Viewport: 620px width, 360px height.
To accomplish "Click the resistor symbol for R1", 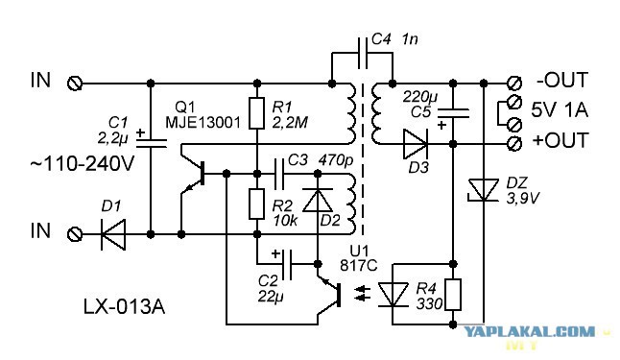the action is (256, 113).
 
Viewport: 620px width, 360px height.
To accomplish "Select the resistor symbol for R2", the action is (256, 204).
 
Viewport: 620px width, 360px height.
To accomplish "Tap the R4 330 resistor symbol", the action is (453, 295).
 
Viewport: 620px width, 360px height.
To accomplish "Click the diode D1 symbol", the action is (113, 234).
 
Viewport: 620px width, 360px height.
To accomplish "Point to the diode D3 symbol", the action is (416, 144).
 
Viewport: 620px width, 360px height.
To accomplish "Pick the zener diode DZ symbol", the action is (483, 191).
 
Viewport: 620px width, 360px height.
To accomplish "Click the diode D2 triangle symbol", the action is (318, 201).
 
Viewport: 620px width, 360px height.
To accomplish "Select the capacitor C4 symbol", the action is (363, 54).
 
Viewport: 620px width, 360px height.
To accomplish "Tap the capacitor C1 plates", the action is (151, 143).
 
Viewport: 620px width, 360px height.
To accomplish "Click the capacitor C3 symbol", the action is (279, 174).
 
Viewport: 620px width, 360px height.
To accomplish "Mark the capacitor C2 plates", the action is (287, 264).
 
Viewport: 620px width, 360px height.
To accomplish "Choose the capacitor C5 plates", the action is (453, 113).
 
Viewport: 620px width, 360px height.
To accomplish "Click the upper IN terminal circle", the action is (75, 84).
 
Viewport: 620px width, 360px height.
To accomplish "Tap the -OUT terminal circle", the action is (514, 84).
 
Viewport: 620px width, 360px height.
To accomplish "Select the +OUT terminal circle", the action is (514, 143).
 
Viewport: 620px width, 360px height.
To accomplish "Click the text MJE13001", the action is (203, 122).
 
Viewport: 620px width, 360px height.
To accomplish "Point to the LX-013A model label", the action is (124, 306).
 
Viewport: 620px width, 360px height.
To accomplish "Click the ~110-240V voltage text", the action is (83, 164).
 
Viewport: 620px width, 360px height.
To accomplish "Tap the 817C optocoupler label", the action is (359, 265).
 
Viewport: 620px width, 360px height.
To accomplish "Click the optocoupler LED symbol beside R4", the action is (393, 295).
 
